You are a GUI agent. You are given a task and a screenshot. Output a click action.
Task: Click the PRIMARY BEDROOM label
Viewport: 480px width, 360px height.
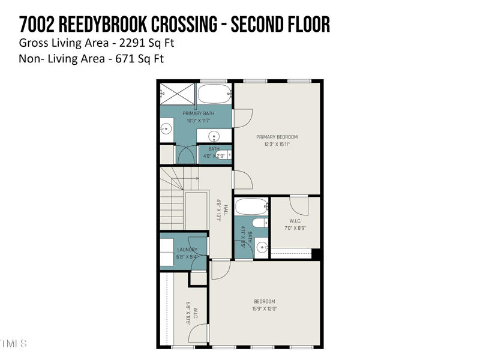pos(277,137)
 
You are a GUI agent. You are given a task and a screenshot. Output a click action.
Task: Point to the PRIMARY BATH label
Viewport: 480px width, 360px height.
pos(198,113)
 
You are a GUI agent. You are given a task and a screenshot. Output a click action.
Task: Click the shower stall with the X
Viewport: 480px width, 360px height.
pos(178,94)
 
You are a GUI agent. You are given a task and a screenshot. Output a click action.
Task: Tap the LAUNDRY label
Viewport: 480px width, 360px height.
pos(187,250)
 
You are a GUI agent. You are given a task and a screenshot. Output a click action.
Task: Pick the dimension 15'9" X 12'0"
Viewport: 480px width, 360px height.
pos(264,308)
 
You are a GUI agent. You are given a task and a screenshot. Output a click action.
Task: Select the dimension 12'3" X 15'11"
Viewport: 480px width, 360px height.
pos(277,144)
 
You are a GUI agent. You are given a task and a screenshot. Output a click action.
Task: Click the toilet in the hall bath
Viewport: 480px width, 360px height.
pos(260,224)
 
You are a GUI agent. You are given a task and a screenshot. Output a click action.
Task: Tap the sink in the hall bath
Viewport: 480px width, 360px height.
pos(262,247)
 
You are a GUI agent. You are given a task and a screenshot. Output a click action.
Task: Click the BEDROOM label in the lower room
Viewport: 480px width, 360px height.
pos(264,301)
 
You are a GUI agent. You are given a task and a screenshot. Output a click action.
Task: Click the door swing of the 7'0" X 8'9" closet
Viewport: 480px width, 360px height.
pos(301,206)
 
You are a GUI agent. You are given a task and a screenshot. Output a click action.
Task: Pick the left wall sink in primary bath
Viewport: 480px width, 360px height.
pos(166,128)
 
